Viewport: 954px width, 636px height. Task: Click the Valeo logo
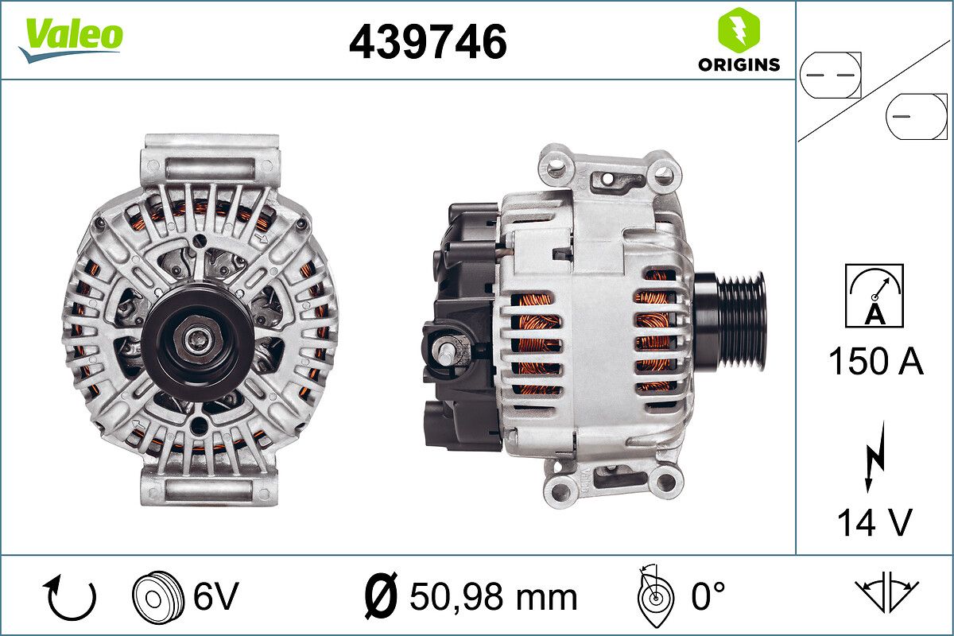pos(71,39)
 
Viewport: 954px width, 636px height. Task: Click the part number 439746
pos(428,42)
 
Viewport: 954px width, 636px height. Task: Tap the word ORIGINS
pos(739,64)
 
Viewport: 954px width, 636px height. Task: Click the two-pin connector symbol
pos(831,76)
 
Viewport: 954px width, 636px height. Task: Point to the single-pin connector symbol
pos(916,116)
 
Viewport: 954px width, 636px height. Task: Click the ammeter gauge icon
pos(874,296)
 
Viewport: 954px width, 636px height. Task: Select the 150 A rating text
pos(875,360)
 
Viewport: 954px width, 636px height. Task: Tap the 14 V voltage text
pos(874,522)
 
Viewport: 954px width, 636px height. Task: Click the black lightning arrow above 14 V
pos(874,457)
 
